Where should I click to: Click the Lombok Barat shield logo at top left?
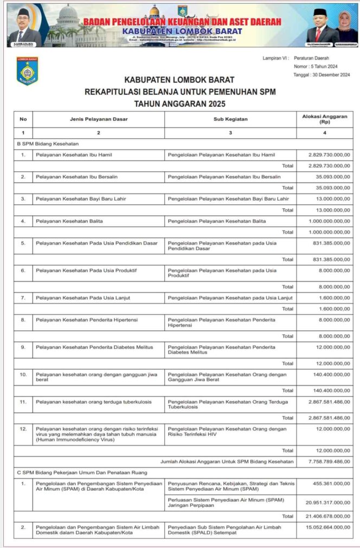27,72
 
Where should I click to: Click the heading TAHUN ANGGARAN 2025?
180,104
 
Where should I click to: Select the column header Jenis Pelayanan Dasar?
98,119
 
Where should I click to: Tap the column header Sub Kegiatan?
230,119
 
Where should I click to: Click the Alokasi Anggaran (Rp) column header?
324,119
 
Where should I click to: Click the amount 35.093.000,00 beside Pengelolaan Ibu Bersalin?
329,177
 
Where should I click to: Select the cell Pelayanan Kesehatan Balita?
69,221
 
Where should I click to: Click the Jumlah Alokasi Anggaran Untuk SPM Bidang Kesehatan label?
227,461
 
